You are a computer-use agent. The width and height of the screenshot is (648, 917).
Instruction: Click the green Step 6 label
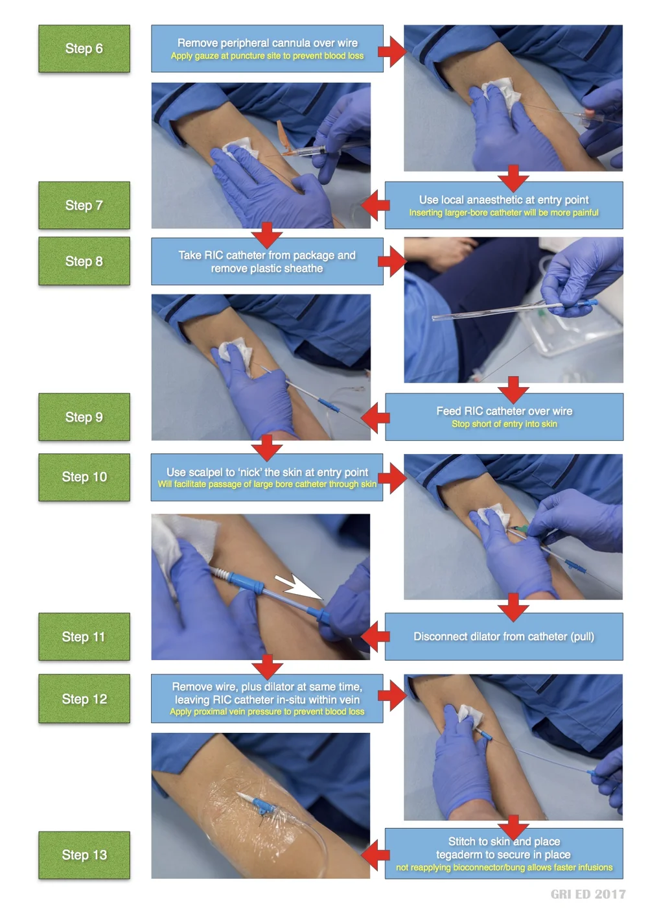(x=84, y=49)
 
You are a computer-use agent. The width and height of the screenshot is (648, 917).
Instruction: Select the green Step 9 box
(x=84, y=417)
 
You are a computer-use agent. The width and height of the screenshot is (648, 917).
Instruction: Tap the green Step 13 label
(x=84, y=855)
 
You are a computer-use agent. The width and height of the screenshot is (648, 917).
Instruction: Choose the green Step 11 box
(x=84, y=637)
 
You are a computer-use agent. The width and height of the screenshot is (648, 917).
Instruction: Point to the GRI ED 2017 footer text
(x=588, y=894)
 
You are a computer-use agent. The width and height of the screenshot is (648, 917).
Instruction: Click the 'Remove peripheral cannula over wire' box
(x=267, y=49)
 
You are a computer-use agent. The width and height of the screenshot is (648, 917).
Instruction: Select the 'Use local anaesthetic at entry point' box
(x=503, y=205)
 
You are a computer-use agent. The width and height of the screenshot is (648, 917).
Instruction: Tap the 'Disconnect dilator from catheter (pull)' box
(x=503, y=637)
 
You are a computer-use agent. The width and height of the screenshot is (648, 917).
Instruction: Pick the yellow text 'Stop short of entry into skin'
(x=504, y=424)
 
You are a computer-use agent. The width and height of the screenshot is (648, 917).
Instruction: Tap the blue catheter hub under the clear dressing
(x=262, y=806)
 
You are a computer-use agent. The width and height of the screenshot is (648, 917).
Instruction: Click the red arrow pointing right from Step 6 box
(x=391, y=51)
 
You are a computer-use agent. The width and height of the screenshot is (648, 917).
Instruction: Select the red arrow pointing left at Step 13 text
(x=375, y=855)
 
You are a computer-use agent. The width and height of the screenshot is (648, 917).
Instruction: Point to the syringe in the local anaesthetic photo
(x=305, y=152)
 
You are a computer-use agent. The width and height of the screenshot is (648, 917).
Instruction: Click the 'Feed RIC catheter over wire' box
(x=503, y=416)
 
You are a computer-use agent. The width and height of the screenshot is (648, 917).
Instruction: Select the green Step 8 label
(x=84, y=261)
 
